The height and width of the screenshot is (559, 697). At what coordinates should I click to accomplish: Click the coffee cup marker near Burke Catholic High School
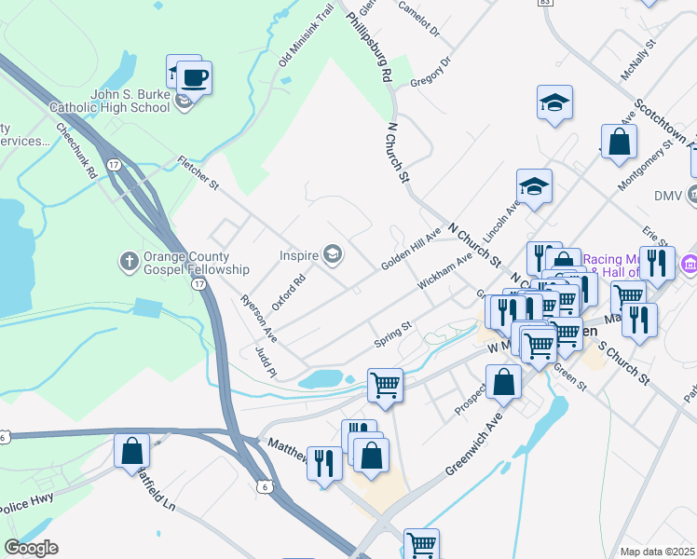194,77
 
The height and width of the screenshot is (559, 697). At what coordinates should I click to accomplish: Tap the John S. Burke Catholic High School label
130,101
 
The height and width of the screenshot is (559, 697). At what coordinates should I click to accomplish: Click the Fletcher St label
198,173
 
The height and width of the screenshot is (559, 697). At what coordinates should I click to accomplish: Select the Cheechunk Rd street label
76,150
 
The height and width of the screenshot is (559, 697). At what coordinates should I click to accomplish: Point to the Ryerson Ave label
259,318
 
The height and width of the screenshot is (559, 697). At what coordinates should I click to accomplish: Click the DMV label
668,196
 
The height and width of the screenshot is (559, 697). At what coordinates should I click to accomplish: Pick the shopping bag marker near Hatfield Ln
132,450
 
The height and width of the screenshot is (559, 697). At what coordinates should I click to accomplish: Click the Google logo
31,548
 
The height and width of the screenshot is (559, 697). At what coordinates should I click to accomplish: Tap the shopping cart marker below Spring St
385,384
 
